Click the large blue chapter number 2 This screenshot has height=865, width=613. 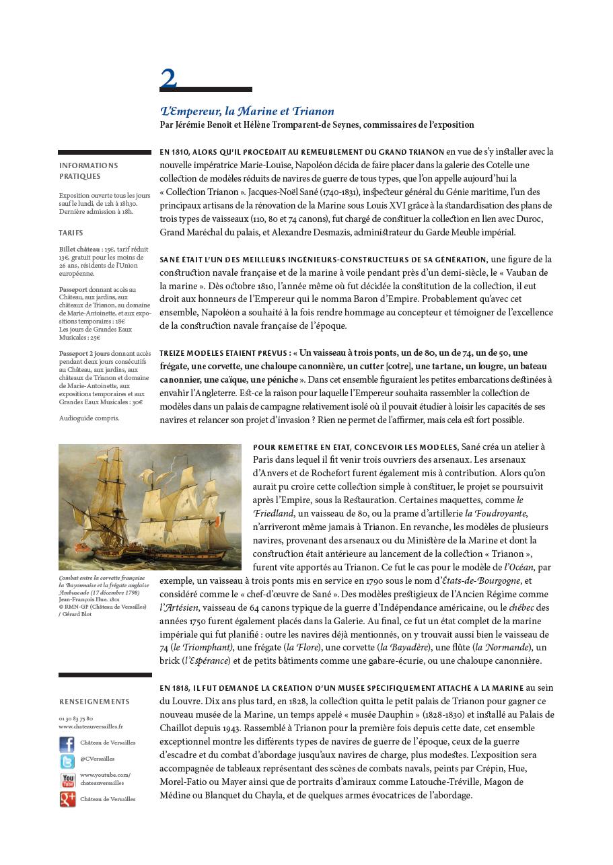(168, 78)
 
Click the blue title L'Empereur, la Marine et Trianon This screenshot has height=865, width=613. (247, 112)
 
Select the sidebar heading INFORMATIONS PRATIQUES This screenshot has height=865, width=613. (88, 171)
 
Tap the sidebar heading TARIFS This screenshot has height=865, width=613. (71, 233)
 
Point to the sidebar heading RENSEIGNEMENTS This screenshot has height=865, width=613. (94, 702)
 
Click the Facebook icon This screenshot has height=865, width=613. (67, 744)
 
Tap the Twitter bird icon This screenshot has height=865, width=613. (67, 761)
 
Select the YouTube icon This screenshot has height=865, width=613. (67, 780)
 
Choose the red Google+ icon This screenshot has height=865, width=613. (67, 799)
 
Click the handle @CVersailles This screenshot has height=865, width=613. (97, 759)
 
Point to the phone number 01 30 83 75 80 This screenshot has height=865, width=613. (76, 719)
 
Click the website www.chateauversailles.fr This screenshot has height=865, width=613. (91, 726)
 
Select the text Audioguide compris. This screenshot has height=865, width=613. (89, 418)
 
